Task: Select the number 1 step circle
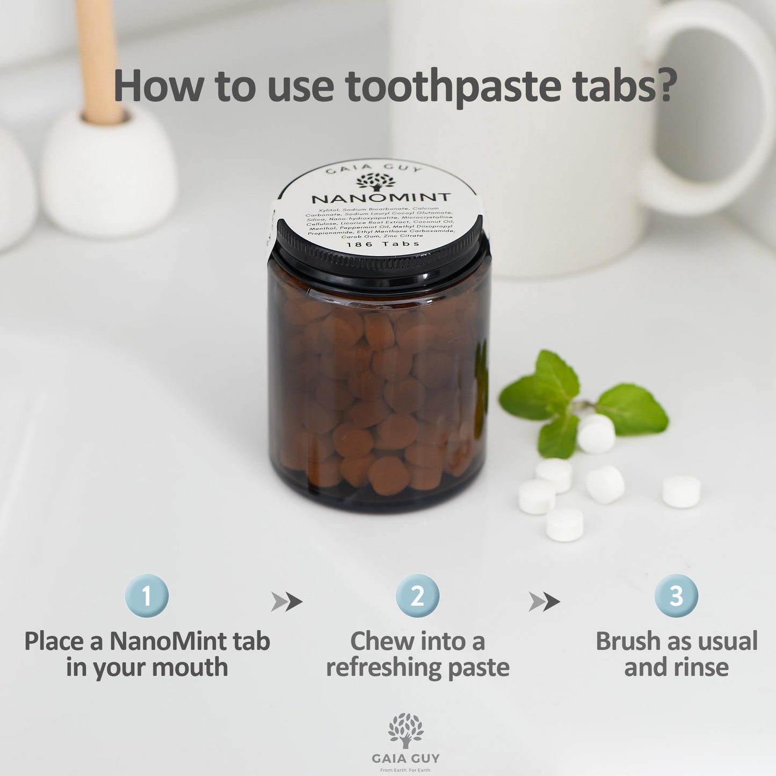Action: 147,596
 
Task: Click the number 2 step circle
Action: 417,596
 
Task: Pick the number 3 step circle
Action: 676,596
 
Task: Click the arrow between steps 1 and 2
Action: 286,602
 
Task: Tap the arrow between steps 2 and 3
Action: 544,602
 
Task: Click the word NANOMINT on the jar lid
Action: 381,198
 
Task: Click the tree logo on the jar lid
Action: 375,182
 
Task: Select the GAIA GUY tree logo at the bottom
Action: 405,730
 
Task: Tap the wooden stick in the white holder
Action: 99,59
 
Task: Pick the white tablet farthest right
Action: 681,491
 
